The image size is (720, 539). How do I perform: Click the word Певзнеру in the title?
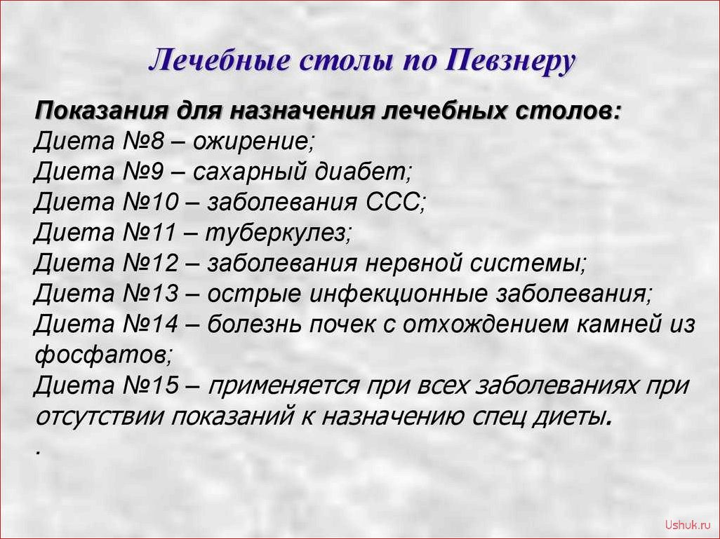point(509,61)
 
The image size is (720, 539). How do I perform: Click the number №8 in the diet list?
point(142,142)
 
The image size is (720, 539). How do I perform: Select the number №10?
point(150,203)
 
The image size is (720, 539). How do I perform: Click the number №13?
point(150,294)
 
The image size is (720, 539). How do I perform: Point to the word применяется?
point(284,386)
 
